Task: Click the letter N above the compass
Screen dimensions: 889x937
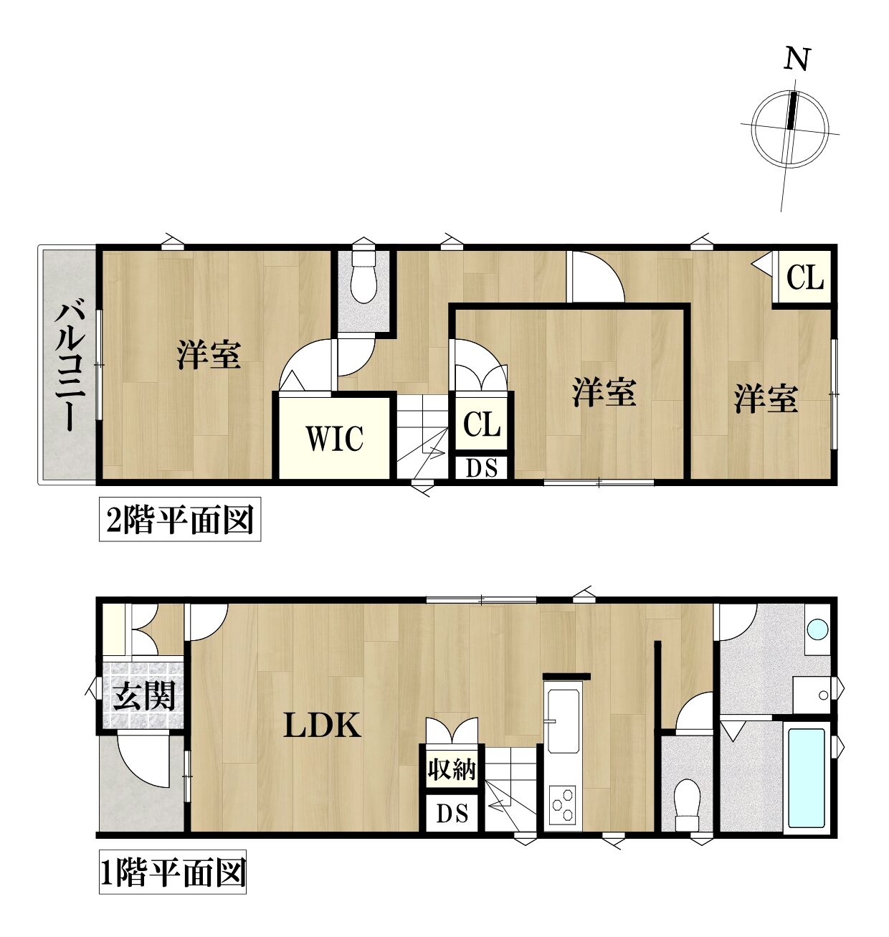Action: [797, 60]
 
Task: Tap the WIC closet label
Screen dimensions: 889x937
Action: [335, 438]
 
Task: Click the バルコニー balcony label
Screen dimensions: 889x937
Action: [70, 368]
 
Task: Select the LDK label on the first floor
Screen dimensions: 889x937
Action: [322, 726]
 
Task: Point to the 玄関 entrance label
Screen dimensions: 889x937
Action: [144, 696]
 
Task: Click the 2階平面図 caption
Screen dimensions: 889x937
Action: [179, 520]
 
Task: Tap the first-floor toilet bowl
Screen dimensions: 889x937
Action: [688, 804]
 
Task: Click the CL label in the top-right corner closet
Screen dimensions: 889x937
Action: [805, 277]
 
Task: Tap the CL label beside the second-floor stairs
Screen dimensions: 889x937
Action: [482, 424]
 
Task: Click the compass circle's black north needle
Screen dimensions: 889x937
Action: [791, 110]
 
